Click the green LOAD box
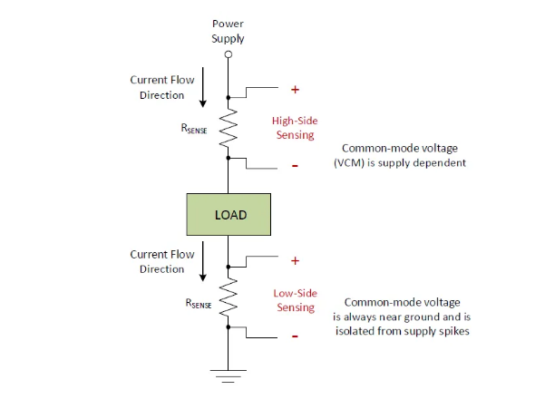click(x=229, y=214)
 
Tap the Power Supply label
click(x=228, y=31)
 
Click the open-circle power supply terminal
click(x=229, y=54)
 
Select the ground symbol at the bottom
click(x=229, y=371)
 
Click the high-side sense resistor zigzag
click(x=229, y=126)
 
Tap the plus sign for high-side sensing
click(x=295, y=90)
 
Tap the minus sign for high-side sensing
click(x=295, y=166)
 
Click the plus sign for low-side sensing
click(x=295, y=260)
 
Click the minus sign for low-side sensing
click(x=295, y=336)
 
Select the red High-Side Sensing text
click(x=294, y=127)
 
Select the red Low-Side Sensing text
click(x=295, y=300)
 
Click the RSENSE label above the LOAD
click(x=196, y=129)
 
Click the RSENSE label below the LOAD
click(x=196, y=304)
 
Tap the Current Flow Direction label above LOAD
click(x=161, y=87)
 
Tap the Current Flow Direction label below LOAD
click(x=161, y=261)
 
